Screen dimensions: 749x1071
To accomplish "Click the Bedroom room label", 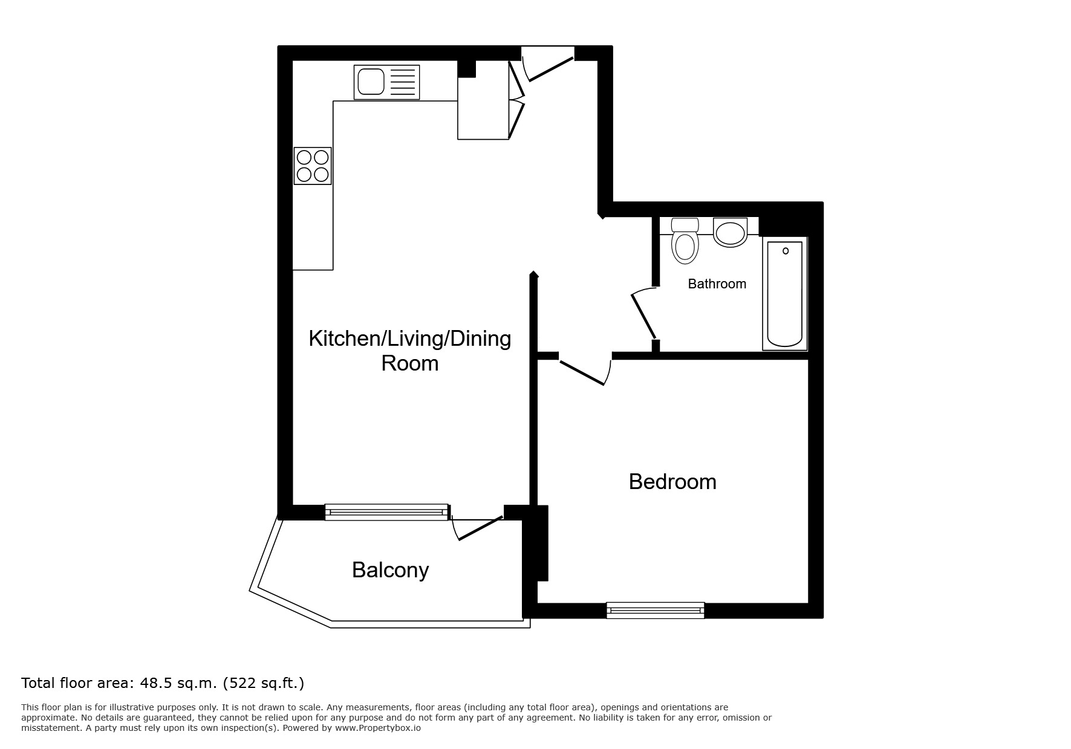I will [x=672, y=482].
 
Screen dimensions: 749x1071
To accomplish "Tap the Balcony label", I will [x=390, y=570].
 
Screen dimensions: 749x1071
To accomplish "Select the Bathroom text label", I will [x=717, y=284].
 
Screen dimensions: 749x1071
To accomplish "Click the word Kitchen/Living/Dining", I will [x=409, y=339].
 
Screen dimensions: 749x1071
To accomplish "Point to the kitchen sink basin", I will [x=371, y=82].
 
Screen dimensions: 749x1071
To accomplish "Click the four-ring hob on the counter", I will [x=313, y=166].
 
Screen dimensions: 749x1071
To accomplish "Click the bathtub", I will [x=784, y=294].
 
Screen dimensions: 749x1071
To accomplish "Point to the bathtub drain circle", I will [x=786, y=251].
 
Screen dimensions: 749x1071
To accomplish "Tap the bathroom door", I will [x=644, y=315].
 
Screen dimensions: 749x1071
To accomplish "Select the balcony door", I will [x=479, y=528].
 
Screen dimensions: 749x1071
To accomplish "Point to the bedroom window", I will [x=656, y=611].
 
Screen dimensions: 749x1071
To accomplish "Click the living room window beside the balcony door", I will [x=386, y=513].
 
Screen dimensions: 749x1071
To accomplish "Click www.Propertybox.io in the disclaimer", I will [x=378, y=728].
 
